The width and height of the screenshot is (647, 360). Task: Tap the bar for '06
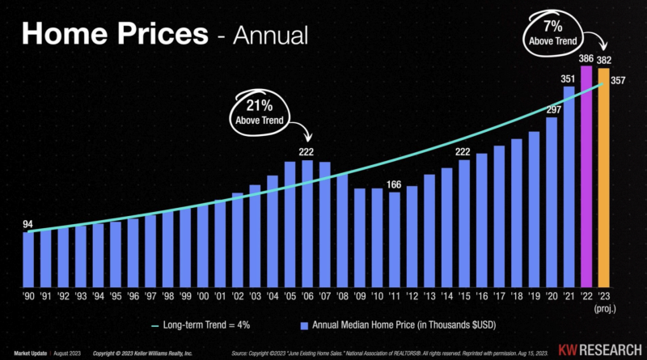[307, 223]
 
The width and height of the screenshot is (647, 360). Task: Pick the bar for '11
[395, 239]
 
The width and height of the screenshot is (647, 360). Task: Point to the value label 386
[586, 60]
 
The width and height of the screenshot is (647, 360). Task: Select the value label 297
[552, 110]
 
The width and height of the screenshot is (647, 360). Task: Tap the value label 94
[28, 223]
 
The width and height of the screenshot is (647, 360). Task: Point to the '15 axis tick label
[464, 296]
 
